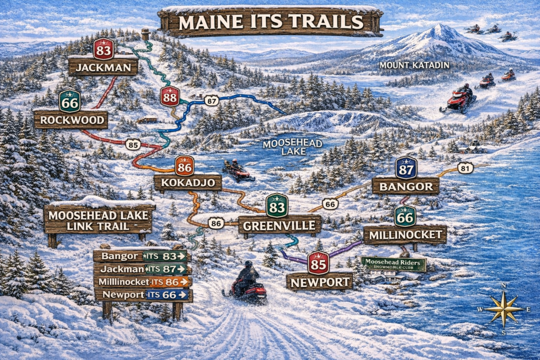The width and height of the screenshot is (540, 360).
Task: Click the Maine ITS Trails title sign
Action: [271, 22]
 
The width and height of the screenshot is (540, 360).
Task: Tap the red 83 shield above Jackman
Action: [103, 48]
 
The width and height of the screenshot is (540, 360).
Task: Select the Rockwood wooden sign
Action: [71, 120]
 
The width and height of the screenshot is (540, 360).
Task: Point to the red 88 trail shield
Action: [169, 97]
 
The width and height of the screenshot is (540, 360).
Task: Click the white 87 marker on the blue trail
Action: [211, 100]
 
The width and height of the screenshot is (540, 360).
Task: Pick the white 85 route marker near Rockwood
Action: [133, 143]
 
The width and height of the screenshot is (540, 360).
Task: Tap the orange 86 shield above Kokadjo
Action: [184, 166]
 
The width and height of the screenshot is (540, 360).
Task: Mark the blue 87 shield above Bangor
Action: [406, 168]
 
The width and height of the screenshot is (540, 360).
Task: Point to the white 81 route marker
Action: [465, 168]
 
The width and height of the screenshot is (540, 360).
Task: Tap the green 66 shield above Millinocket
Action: [404, 216]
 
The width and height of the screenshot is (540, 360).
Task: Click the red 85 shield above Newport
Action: [319, 262]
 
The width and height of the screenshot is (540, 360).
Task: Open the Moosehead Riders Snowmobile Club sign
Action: [393, 264]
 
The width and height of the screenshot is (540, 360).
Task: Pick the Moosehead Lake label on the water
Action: [285, 147]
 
